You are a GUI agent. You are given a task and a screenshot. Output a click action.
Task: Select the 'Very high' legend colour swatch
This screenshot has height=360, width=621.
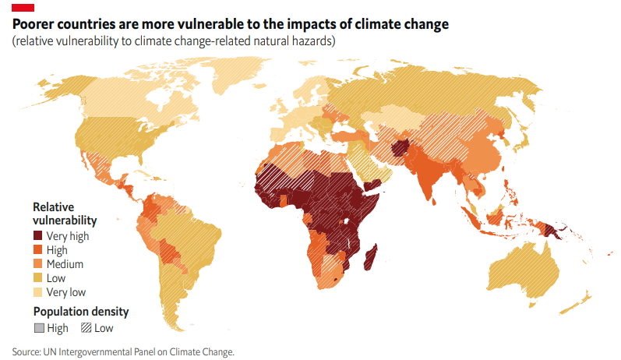[38, 235]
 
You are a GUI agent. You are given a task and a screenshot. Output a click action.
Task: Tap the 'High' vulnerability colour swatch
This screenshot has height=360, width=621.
[38, 250]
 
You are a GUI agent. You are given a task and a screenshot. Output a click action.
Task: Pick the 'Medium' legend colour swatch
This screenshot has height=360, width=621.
[38, 264]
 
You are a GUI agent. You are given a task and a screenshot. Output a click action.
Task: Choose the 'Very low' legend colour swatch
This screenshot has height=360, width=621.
[38, 292]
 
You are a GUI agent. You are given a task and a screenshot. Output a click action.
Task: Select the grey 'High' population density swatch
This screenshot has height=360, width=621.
[38, 328]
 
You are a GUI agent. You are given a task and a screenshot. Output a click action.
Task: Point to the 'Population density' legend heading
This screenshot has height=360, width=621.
[80, 312]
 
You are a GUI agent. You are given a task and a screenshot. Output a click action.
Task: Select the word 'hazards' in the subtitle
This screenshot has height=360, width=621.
[314, 41]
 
